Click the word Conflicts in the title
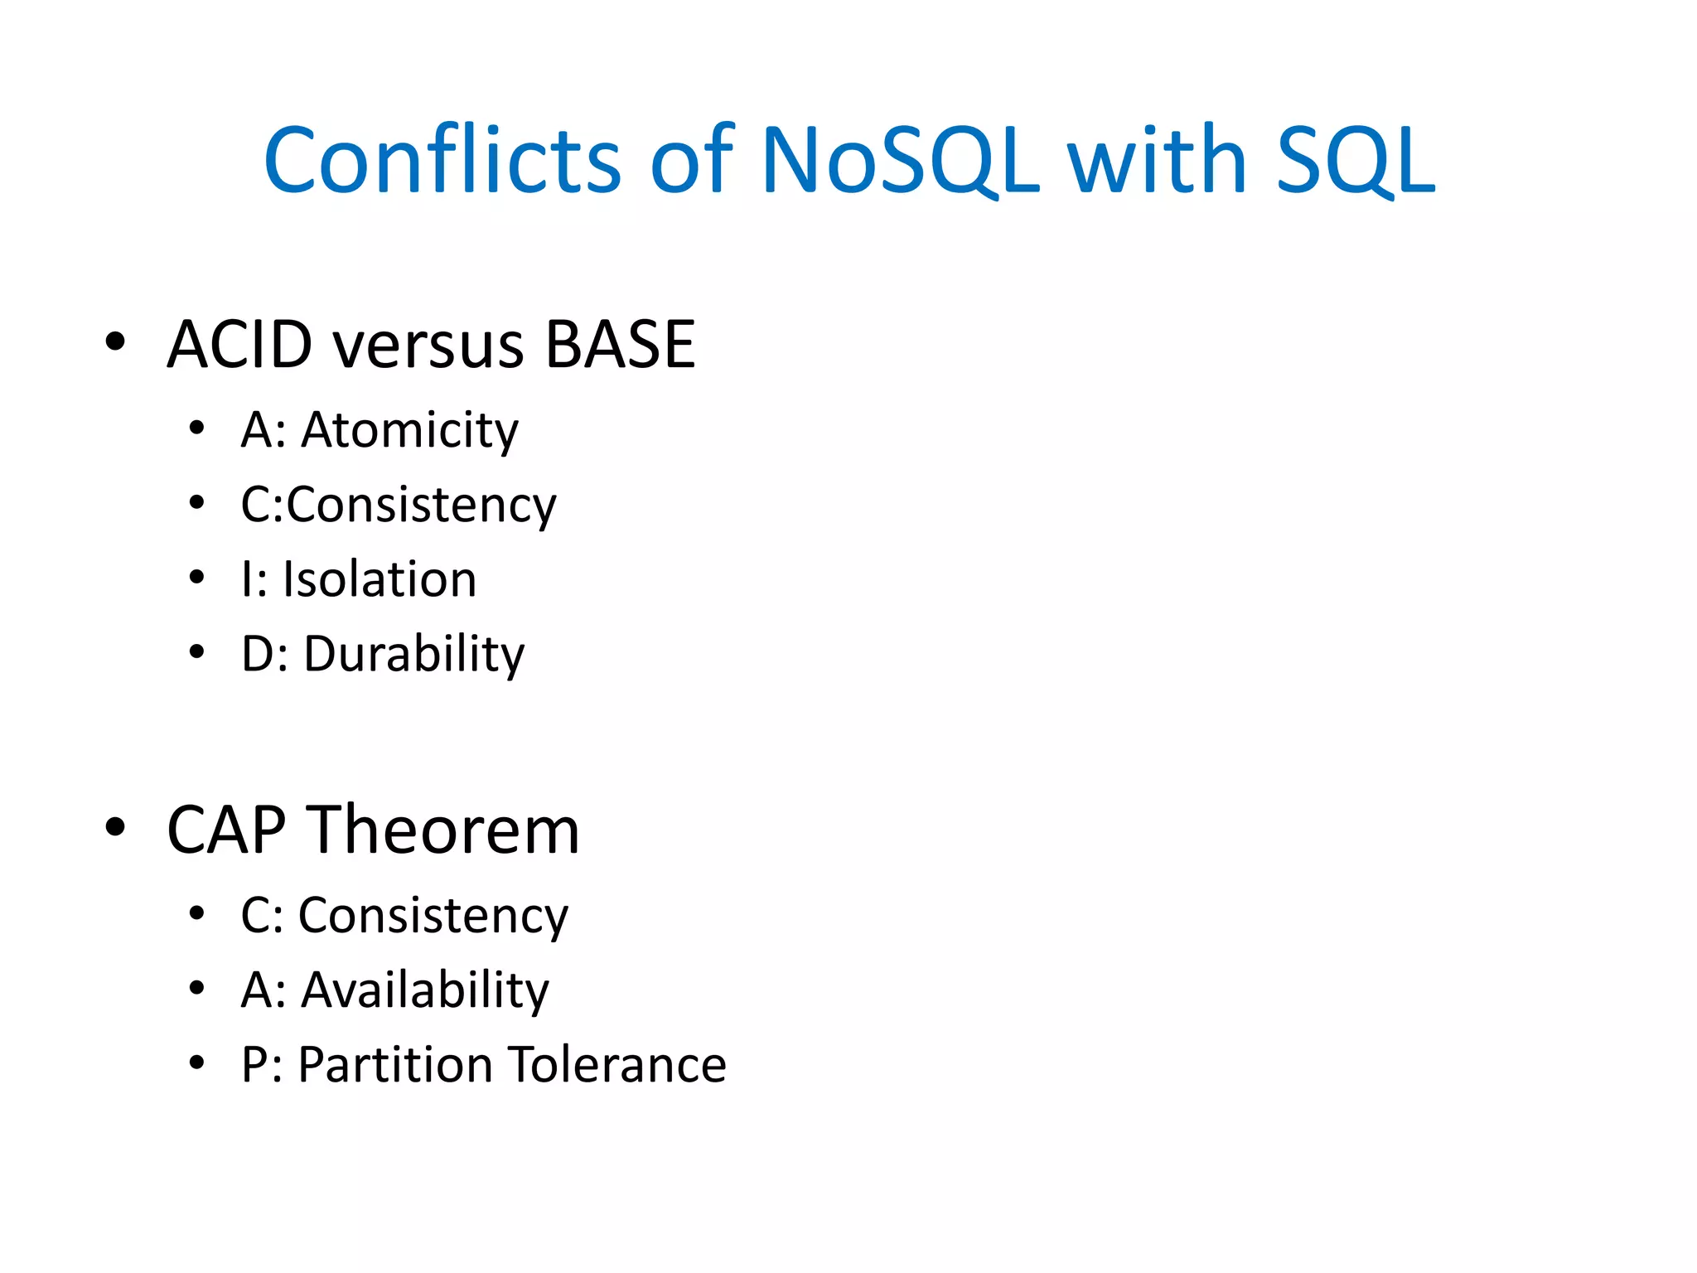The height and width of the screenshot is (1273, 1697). point(442,161)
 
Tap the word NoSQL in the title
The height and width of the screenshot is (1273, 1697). point(900,161)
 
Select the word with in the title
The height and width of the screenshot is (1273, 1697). point(1157,161)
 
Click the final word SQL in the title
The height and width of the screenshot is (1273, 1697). point(1356,161)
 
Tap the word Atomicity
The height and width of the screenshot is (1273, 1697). point(409,431)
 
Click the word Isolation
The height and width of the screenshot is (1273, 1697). point(380,579)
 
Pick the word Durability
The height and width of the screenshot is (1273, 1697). point(413,655)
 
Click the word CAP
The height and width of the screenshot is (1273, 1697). point(226,830)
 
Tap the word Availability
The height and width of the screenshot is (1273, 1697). point(424,990)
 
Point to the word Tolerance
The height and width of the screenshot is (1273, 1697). point(617,1065)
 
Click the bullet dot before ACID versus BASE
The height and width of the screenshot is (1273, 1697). point(115,341)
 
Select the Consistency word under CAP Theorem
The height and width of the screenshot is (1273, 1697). point(433,917)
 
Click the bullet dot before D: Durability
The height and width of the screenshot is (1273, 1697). point(196,651)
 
